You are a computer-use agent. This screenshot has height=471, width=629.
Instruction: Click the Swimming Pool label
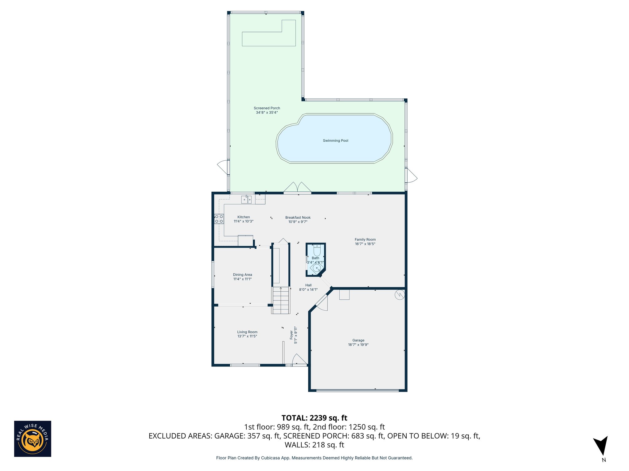(335, 141)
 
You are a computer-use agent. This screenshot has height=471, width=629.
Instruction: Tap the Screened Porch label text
(267, 108)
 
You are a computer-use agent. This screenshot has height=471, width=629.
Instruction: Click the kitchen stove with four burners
(219, 219)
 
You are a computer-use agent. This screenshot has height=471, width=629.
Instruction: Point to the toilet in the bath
(317, 251)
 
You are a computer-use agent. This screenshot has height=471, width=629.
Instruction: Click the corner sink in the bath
(316, 268)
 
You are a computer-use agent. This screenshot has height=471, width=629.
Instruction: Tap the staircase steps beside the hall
(281, 301)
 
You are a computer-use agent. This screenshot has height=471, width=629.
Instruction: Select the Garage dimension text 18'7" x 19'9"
(358, 345)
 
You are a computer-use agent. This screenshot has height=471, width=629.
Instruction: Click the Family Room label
(365, 239)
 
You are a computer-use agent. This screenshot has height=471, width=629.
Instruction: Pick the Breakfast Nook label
(298, 217)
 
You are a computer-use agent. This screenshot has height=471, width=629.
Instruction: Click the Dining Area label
(242, 275)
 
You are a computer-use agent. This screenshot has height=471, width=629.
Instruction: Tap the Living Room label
(247, 332)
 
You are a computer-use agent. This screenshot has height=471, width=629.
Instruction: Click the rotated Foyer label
(291, 335)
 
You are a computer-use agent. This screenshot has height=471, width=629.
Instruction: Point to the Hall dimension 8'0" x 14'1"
(308, 289)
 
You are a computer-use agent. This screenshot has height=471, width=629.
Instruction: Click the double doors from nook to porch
(297, 187)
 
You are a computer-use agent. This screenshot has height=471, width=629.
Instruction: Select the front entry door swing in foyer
(299, 359)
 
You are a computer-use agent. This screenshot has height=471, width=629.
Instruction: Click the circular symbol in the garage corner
(400, 295)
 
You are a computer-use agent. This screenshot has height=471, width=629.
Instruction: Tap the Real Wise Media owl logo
(33, 439)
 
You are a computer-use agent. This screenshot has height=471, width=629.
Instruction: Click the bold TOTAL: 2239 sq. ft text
(314, 418)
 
